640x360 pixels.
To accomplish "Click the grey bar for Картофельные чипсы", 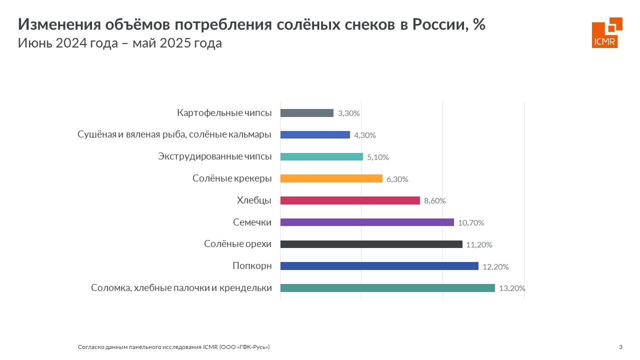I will point(306,113).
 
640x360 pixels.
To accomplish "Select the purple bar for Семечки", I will point(367,222).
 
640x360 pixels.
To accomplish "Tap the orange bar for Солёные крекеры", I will point(331,178).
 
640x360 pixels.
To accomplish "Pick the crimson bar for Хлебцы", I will point(350,200).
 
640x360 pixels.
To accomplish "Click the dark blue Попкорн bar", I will point(379,266).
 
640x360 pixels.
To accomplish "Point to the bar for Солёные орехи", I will point(371,244).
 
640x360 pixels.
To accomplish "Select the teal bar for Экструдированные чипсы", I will point(321,156).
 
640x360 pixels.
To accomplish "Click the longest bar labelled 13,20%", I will point(387,288).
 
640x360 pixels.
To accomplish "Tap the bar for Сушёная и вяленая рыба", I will point(315,134).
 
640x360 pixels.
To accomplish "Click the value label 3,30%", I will point(349,113).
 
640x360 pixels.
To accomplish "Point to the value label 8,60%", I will point(434,201).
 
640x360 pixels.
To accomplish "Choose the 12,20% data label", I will point(495,266).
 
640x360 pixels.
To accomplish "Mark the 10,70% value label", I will point(471,223).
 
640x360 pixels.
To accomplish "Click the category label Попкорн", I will point(252,266).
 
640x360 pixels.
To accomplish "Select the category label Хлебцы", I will point(254,200).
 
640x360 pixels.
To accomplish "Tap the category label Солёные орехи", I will point(237,244).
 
